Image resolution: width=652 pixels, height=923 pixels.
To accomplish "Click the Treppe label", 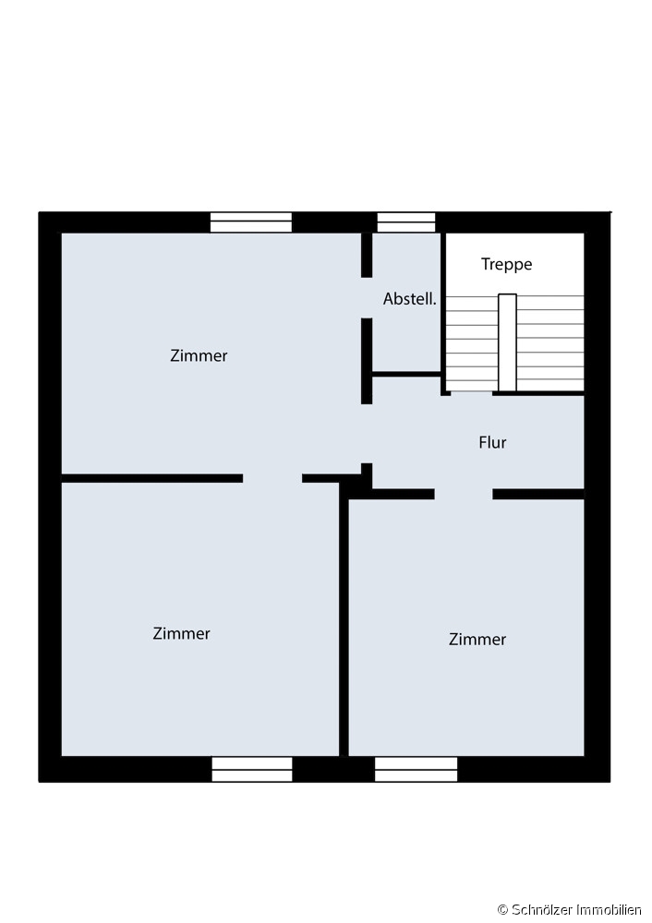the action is tap(506, 264).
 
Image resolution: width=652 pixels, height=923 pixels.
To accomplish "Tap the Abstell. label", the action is tap(410, 299).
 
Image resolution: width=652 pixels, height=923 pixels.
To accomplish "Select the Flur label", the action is tap(492, 442).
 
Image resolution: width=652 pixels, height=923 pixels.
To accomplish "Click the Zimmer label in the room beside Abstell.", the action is tap(199, 355).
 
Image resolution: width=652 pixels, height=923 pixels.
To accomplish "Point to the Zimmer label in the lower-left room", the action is tap(181, 633).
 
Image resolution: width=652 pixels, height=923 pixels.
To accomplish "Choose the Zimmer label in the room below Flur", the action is tap(477, 640).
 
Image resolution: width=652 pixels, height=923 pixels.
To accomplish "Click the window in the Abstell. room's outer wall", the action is tap(406, 222).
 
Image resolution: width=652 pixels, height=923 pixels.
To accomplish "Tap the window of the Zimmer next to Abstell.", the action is tap(251, 222).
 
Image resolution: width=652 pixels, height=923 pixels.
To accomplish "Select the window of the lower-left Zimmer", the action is tap(252, 770).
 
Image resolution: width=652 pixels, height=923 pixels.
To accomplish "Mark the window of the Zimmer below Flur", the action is tap(416, 770).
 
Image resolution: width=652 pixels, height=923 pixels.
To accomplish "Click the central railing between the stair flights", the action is tap(507, 342).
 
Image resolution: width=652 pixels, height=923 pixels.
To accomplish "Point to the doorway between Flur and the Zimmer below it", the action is tap(464, 494).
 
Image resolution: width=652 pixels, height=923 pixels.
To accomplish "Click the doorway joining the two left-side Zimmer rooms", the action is tap(272, 478).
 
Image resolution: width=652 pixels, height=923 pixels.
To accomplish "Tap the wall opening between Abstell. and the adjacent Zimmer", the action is tap(367, 298).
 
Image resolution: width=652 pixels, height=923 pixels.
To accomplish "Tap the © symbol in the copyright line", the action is tap(502, 910).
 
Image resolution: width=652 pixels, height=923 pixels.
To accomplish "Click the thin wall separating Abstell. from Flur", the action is tap(406, 374).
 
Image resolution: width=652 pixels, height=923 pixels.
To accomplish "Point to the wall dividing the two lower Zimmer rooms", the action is tap(344, 619).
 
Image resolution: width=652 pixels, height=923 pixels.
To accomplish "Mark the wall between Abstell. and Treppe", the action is tap(443, 313).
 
